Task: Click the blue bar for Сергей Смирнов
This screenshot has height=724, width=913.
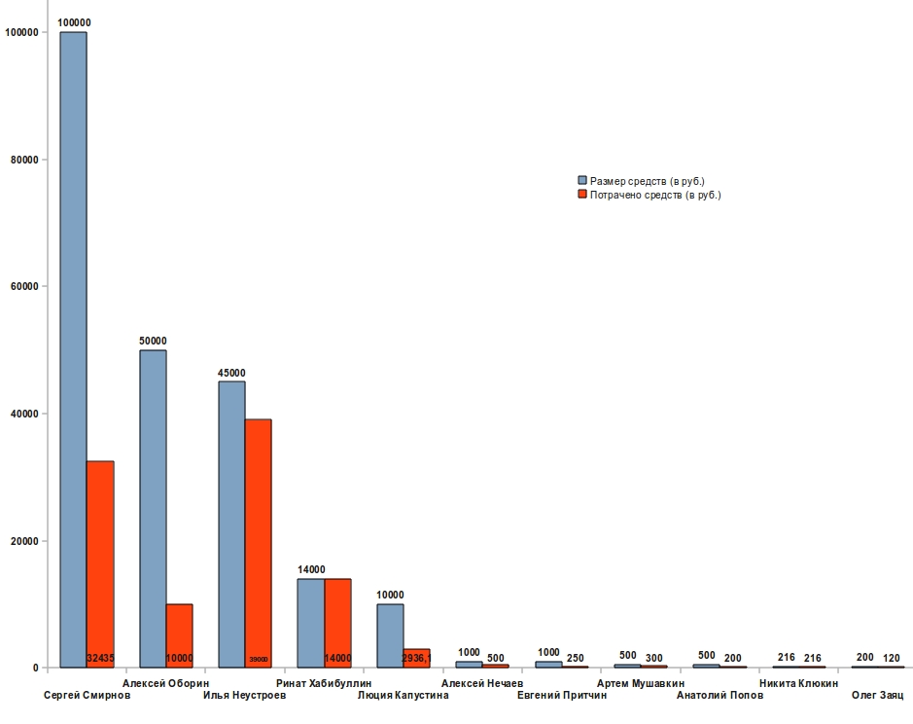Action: (73, 350)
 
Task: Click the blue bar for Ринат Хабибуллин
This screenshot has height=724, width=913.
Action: (310, 623)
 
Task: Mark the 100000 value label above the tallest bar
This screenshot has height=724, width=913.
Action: (74, 22)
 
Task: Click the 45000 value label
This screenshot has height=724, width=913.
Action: (231, 373)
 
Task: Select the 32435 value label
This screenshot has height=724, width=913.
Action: (100, 659)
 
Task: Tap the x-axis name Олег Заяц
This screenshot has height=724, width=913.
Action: (877, 696)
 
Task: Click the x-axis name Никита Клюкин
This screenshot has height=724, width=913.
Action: (798, 683)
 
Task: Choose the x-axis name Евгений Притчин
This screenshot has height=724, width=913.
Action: (561, 696)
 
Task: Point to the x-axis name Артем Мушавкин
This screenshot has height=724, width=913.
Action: (640, 683)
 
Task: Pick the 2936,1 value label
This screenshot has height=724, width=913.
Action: (416, 659)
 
